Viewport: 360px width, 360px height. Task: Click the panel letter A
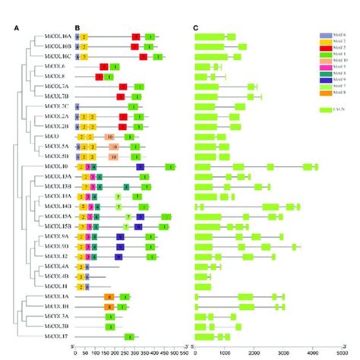[x=16, y=29]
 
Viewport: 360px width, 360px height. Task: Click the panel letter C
[x=196, y=29]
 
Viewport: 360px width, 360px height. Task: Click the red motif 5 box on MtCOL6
[x=104, y=67]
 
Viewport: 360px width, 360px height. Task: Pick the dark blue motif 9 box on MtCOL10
[x=141, y=166]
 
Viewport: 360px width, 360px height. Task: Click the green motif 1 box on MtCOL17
[x=129, y=337]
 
